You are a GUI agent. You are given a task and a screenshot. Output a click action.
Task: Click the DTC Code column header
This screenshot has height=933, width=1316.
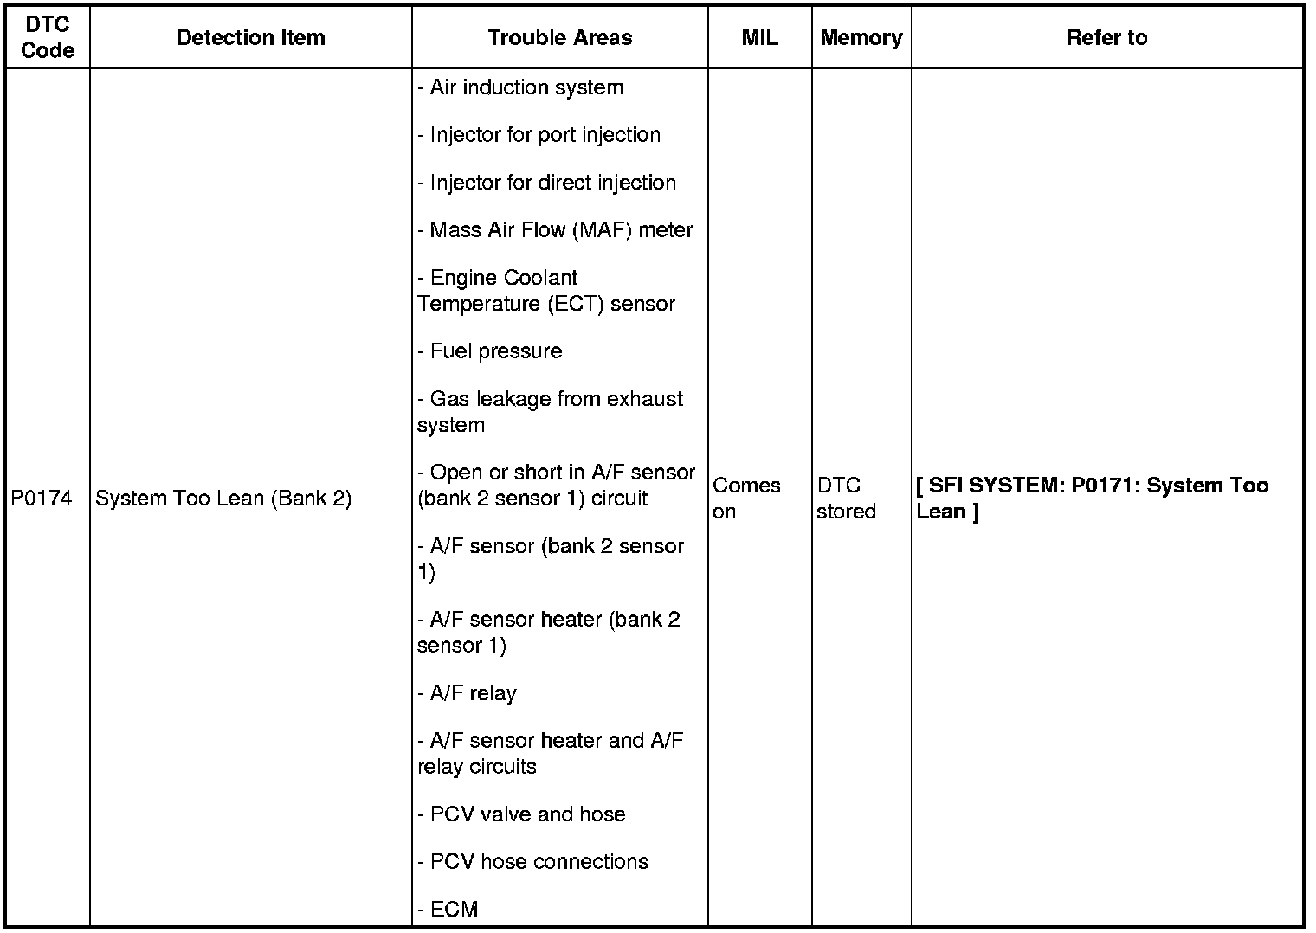(48, 38)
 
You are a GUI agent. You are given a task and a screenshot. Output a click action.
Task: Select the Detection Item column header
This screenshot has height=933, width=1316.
(251, 38)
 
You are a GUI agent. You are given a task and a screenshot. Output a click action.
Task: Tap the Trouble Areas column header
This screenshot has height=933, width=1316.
(560, 38)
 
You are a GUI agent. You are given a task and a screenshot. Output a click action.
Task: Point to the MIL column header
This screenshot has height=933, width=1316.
(760, 38)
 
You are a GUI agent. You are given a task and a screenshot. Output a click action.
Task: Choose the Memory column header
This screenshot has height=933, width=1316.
(861, 38)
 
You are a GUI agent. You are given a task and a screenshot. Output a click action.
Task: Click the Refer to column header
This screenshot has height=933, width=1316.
(1107, 38)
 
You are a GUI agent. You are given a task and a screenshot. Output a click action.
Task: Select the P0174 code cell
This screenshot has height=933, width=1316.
(42, 499)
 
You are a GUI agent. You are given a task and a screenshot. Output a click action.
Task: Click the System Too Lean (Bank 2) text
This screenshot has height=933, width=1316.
(223, 499)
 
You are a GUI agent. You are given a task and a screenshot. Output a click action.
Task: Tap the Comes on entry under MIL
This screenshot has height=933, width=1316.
(746, 498)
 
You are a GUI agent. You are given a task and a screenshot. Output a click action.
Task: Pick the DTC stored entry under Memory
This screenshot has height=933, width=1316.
(846, 498)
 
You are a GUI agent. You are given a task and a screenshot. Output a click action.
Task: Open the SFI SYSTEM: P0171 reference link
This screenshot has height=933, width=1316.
(1092, 498)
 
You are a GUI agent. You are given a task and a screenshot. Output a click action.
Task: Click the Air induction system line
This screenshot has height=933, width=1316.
(521, 87)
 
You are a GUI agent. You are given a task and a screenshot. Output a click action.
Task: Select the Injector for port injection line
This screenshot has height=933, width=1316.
(539, 135)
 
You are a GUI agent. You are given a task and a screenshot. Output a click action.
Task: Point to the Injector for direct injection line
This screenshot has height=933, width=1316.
(547, 183)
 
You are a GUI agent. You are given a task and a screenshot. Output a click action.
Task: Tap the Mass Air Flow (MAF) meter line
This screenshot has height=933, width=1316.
(556, 230)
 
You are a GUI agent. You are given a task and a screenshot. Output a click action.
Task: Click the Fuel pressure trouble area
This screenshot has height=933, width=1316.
(491, 351)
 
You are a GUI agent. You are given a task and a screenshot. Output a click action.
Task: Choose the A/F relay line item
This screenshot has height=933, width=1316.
(468, 693)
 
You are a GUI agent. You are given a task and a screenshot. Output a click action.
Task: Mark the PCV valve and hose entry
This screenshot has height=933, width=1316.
(522, 814)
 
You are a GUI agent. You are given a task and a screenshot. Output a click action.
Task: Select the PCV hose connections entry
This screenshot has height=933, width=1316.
(533, 862)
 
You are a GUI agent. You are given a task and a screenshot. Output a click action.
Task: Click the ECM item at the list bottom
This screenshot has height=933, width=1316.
(448, 910)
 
